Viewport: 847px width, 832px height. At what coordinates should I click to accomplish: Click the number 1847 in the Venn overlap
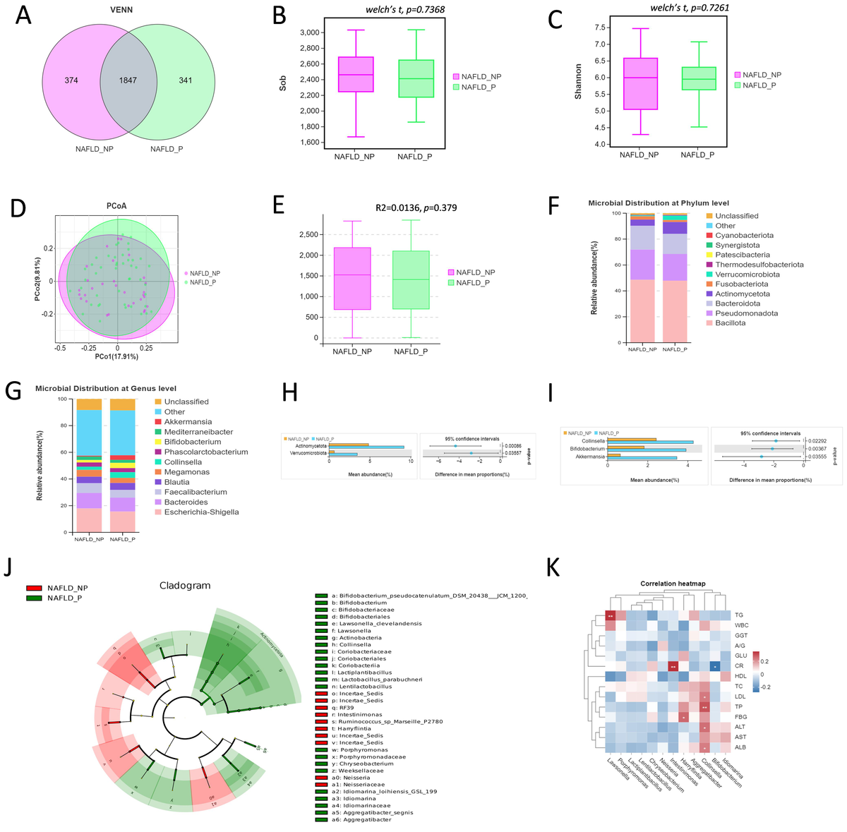tap(128, 80)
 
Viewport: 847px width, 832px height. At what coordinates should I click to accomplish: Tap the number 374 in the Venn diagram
tap(71, 80)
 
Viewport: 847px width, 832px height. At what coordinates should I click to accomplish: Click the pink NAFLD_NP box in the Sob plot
tap(356, 74)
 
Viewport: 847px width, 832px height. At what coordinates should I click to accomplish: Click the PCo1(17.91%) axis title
tap(117, 357)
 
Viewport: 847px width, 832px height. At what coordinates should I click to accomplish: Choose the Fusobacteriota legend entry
tap(742, 284)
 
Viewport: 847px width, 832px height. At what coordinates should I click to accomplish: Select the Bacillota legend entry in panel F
tap(730, 323)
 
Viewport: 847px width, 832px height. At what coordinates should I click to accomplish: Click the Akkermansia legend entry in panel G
tap(188, 422)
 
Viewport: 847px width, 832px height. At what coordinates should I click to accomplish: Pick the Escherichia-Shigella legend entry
tap(201, 512)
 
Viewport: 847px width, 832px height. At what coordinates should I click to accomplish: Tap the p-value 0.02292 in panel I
tap(817, 441)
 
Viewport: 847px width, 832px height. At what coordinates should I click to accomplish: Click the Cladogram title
tap(185, 586)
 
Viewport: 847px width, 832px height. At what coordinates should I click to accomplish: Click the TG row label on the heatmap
tap(739, 615)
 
